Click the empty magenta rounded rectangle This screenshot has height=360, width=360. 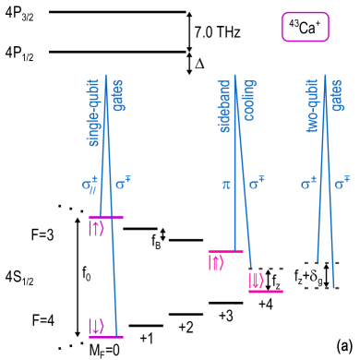[x=305, y=27]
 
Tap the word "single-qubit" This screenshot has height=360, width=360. [x=93, y=112]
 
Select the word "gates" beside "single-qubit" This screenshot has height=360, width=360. [x=118, y=95]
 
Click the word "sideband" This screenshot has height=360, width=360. [x=224, y=106]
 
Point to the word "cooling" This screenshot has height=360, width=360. [x=248, y=100]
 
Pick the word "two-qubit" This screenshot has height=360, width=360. [x=312, y=105]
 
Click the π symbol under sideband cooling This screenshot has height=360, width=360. [x=225, y=185]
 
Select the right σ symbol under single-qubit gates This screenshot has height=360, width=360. [x=122, y=183]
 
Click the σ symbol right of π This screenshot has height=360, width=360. [x=256, y=183]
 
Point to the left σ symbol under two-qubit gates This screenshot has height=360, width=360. [x=308, y=183]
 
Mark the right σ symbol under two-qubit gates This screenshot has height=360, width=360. [x=341, y=183]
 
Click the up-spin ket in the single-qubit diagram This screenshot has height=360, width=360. [x=96, y=228]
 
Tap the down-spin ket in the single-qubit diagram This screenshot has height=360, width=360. [x=96, y=326]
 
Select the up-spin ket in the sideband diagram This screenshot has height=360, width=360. [x=216, y=262]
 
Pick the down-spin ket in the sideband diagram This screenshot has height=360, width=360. [x=256, y=280]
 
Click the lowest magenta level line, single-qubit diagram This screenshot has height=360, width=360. [x=106, y=337]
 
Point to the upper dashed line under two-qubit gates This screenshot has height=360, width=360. [x=321, y=263]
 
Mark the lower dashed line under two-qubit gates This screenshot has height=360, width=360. [x=321, y=288]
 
